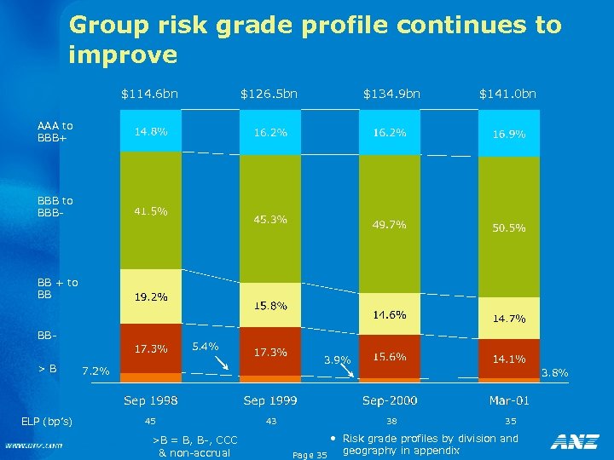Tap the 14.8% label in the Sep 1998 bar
[150, 132]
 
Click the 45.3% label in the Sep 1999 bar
[270, 220]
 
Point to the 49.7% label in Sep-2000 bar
[389, 225]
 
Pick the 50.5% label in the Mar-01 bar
[508, 228]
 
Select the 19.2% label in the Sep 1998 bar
[150, 297]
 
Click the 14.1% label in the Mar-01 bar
[508, 359]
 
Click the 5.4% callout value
[206, 347]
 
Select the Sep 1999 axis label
[270, 400]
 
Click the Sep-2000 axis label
[389, 400]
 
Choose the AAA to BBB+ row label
[55, 132]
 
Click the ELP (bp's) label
[48, 422]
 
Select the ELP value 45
[150, 421]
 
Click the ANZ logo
[574, 441]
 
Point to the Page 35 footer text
[309, 455]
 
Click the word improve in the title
[123, 55]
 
